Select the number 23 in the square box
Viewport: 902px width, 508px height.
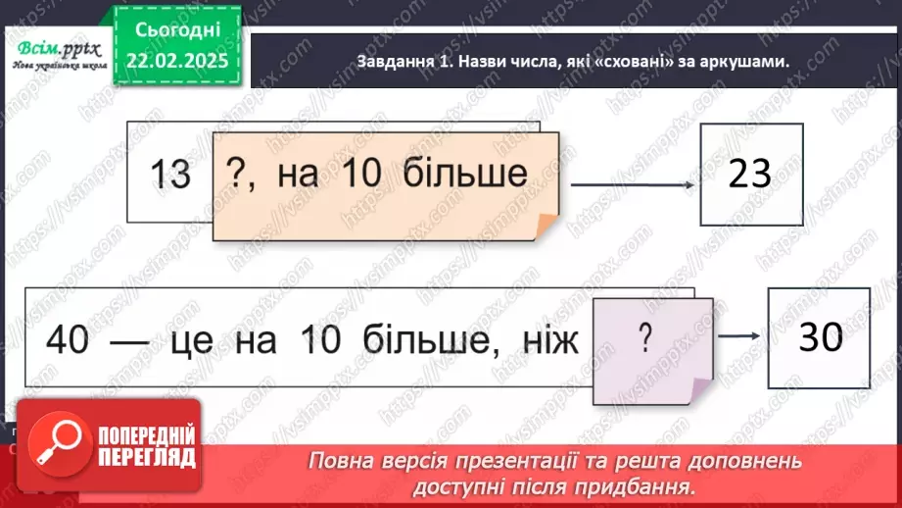(751, 174)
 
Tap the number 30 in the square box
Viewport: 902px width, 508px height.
(820, 337)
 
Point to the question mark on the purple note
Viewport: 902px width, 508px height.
(644, 338)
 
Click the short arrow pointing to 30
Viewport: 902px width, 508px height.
(739, 335)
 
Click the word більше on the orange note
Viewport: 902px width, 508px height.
(467, 175)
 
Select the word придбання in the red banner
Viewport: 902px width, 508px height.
(647, 485)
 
